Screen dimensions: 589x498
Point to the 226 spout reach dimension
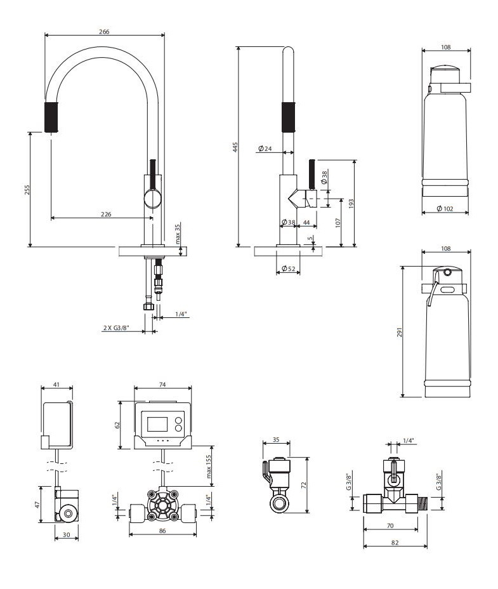tap(106, 215)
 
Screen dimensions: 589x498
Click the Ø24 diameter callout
tap(265, 149)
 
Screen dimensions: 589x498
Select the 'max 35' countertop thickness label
tap(178, 235)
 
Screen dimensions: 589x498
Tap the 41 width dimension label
tap(56, 385)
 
